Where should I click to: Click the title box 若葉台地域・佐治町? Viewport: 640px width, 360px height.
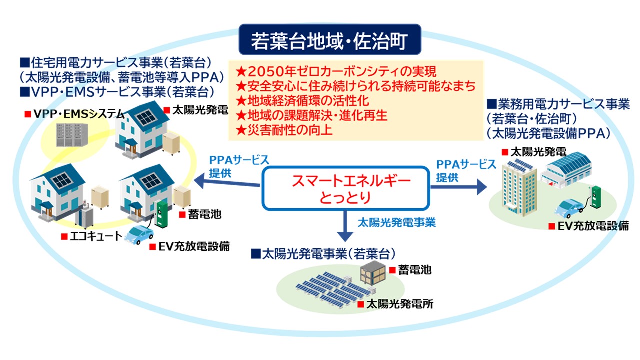[330, 39]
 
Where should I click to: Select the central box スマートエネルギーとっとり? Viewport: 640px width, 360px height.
[345, 188]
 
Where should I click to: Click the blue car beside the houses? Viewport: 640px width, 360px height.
[138, 234]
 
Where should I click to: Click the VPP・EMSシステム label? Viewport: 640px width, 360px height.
[75, 114]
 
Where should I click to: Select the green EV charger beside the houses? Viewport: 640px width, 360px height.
[160, 214]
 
